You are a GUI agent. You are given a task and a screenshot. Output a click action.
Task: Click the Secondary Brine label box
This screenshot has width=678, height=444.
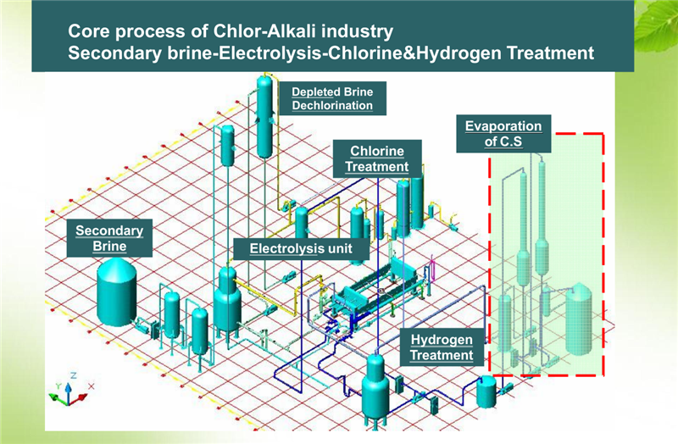click(109, 238)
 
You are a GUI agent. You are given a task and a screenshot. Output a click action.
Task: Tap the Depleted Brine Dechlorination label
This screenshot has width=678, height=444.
click(332, 98)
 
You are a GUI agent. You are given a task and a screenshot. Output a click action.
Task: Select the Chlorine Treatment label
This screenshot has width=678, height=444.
click(377, 158)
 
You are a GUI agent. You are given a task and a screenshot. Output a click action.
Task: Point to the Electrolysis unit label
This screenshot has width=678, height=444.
click(301, 248)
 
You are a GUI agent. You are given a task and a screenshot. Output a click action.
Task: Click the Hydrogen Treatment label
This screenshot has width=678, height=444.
click(442, 347)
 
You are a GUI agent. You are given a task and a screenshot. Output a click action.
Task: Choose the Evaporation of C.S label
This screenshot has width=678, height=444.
click(503, 134)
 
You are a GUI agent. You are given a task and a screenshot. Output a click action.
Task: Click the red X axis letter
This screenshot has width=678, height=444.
click(91, 386)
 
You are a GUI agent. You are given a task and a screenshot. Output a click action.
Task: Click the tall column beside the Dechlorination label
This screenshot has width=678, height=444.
click(264, 117)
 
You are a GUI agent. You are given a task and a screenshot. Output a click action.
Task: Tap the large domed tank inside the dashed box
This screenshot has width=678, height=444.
click(579, 319)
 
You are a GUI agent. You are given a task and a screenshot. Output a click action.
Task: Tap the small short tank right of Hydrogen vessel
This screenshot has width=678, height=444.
click(487, 391)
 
